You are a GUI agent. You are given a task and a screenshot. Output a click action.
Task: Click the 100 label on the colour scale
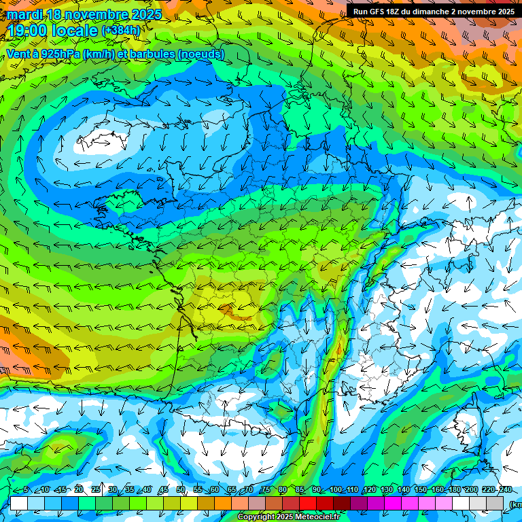tap(336, 489)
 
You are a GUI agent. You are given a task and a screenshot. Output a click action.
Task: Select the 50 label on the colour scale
tap(181, 489)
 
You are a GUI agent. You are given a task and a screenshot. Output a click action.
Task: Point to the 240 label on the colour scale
tap(505, 489)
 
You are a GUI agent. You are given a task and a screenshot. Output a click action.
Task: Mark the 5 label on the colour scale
tap(26, 489)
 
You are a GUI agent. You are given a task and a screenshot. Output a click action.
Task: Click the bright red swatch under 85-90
tap(308, 503)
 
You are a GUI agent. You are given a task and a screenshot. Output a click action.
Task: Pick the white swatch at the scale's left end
tap(18, 503)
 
